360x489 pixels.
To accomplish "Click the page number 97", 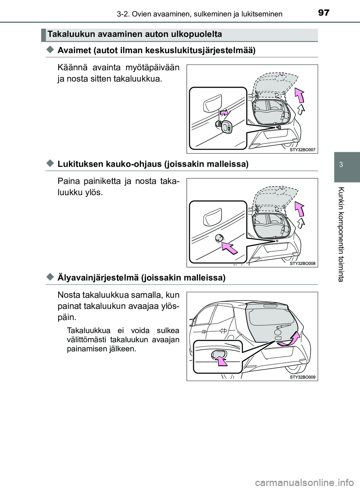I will click(x=324, y=13).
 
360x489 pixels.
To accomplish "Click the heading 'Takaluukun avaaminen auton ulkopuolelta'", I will click(x=135, y=34).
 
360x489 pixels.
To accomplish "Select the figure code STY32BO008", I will click(x=303, y=263).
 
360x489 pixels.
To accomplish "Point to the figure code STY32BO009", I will click(x=303, y=377).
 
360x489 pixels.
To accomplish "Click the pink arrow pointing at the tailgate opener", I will click(x=221, y=360).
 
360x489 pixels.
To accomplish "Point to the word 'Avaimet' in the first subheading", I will click(x=72, y=51).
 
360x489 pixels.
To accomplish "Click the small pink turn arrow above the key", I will click(x=223, y=112).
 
